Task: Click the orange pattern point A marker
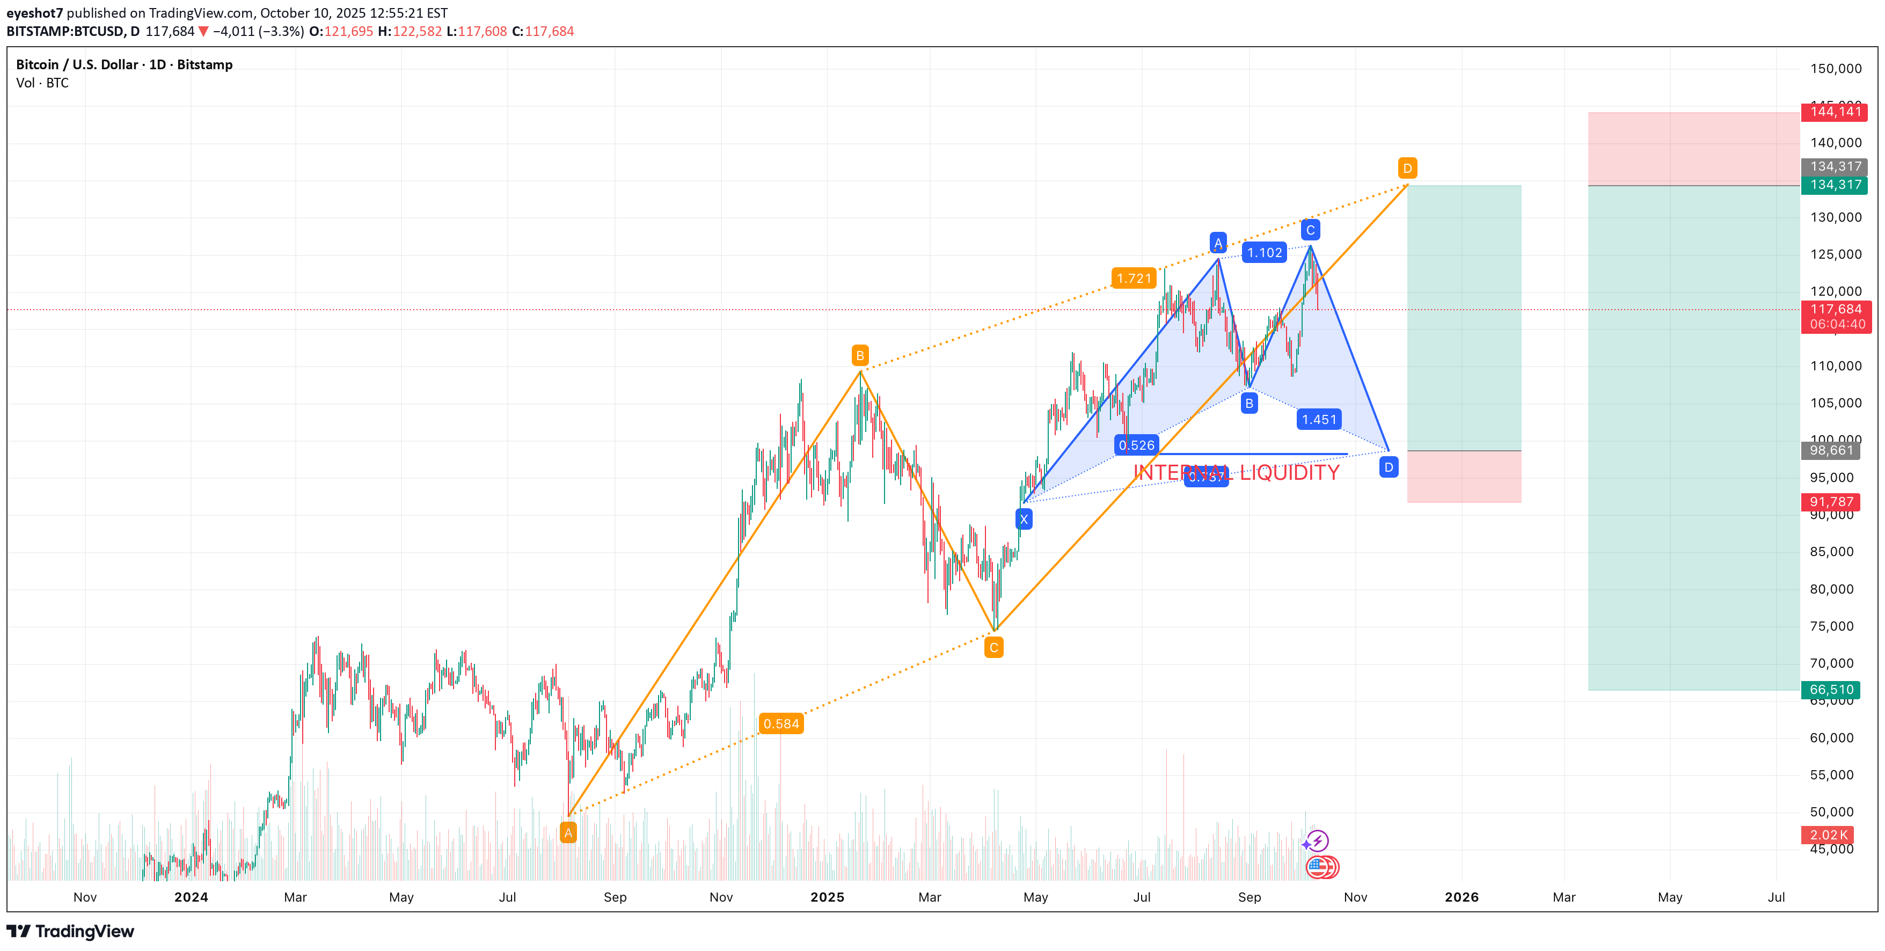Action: [x=568, y=832]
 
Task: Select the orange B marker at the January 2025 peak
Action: [x=860, y=355]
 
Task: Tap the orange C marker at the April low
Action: [x=993, y=647]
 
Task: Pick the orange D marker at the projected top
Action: [x=1407, y=169]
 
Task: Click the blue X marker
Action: [x=1024, y=520]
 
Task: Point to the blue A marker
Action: [x=1218, y=243]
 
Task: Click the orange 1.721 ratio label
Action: [x=1134, y=278]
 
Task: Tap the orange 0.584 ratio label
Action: [x=781, y=723]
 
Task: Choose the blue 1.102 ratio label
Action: [x=1265, y=252]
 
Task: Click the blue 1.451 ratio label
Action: [x=1319, y=419]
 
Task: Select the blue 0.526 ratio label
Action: [x=1136, y=445]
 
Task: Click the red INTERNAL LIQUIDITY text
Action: [x=1236, y=473]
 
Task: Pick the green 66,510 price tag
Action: [x=1831, y=689]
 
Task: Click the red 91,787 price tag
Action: [x=1831, y=501]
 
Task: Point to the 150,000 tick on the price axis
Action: [x=1835, y=69]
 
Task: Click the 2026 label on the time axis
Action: [x=1462, y=897]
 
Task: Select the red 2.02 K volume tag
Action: [x=1829, y=835]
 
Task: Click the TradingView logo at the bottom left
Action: [x=70, y=931]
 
